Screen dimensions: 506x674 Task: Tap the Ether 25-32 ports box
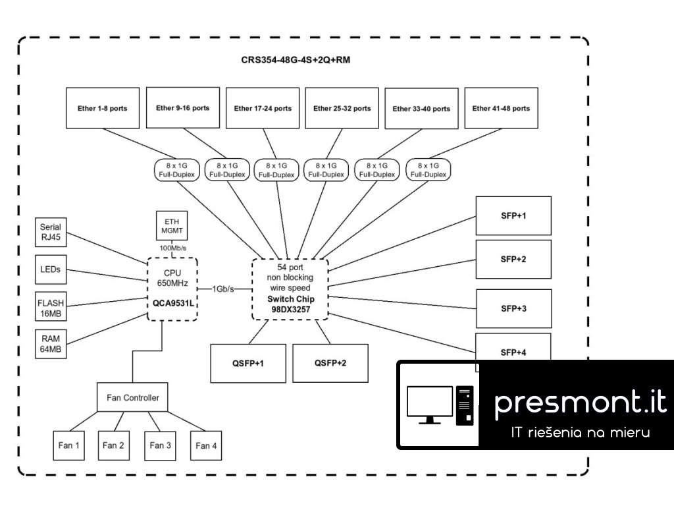342,108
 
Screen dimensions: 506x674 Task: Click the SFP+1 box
513,215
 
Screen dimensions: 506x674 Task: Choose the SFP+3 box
513,308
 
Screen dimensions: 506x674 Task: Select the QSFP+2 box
330,363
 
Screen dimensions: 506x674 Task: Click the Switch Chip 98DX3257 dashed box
290,289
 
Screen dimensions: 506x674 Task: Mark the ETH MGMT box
172,226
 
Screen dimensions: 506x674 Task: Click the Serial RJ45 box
51,232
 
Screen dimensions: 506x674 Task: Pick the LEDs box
51,270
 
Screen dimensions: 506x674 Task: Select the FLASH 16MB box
51,307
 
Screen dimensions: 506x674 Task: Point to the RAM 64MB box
51,344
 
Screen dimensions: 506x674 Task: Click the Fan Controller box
132,398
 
